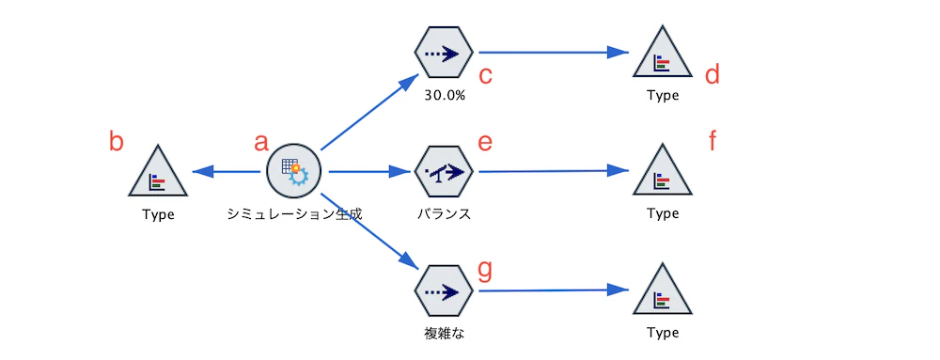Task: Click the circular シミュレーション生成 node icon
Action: pos(294,171)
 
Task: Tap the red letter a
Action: pos(261,142)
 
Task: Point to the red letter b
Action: pos(117,142)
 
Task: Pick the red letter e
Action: pos(485,142)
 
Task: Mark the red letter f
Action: pos(713,142)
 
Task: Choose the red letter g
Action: pos(485,270)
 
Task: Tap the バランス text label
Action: pos(443,213)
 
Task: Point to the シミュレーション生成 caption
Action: pos(294,213)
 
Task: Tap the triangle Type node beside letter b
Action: pos(158,173)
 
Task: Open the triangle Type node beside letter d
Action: pos(663,55)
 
